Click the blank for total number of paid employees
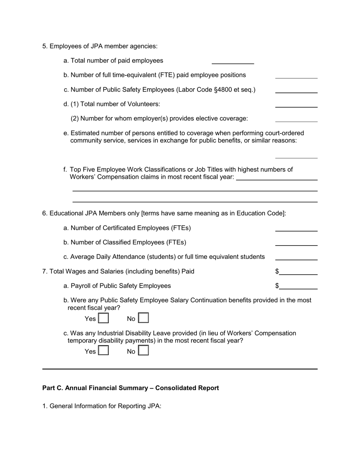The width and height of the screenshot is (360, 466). (x=232, y=60)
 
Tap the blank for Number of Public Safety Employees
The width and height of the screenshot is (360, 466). (x=296, y=89)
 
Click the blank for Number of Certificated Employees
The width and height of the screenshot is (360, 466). (x=296, y=228)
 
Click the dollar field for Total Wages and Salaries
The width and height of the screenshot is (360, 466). (x=298, y=271)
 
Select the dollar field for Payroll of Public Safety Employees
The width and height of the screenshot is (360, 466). (x=298, y=286)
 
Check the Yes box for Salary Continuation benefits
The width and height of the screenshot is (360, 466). (x=103, y=318)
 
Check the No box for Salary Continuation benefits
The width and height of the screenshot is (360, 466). (x=143, y=318)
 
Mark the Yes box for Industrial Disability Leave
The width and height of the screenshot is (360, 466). (x=103, y=351)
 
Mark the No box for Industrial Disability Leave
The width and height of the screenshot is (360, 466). (x=143, y=351)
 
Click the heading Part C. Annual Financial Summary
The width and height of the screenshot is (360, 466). (x=130, y=388)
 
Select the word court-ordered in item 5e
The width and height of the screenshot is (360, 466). (x=282, y=133)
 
